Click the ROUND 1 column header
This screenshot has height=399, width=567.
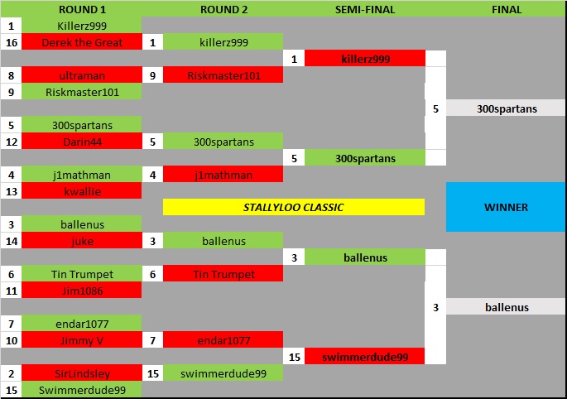(82, 9)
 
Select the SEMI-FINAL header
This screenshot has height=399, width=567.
(365, 9)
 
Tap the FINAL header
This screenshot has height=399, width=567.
(506, 9)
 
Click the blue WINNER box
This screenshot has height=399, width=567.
(506, 207)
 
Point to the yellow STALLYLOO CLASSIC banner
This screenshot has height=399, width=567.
(294, 207)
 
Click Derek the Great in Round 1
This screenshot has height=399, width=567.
(82, 42)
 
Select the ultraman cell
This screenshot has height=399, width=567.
(82, 75)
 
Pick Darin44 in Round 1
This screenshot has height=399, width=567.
(82, 142)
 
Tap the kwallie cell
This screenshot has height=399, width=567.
(82, 191)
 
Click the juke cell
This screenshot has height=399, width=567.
(82, 241)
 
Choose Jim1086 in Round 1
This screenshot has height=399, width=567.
(82, 291)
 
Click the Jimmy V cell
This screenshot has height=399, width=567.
(82, 340)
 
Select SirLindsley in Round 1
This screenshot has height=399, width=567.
(82, 373)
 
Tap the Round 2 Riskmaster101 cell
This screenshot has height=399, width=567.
(223, 75)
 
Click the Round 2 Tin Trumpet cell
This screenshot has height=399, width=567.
(223, 274)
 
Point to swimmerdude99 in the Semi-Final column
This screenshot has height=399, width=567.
(365, 357)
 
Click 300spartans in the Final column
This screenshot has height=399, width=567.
(506, 108)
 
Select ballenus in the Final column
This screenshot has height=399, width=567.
(506, 307)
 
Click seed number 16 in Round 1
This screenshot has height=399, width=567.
(11, 42)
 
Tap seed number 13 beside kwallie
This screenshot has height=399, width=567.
(11, 191)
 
